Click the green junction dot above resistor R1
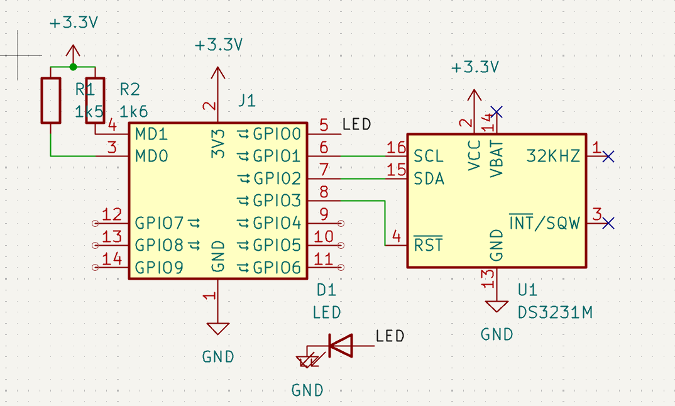(73, 67)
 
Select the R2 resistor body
(95, 101)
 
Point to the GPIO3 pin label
(277, 200)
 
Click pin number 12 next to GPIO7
(112, 214)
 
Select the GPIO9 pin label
(159, 267)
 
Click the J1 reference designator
(247, 101)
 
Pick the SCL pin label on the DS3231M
(429, 156)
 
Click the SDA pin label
(429, 178)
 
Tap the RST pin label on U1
(428, 244)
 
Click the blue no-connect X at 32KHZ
(608, 156)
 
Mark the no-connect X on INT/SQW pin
(608, 223)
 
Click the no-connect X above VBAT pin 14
(497, 112)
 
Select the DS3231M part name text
(555, 312)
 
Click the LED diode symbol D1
(341, 345)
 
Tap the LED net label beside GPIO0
(356, 124)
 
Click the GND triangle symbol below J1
(218, 329)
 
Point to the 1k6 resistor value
(133, 112)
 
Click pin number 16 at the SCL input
(396, 147)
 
